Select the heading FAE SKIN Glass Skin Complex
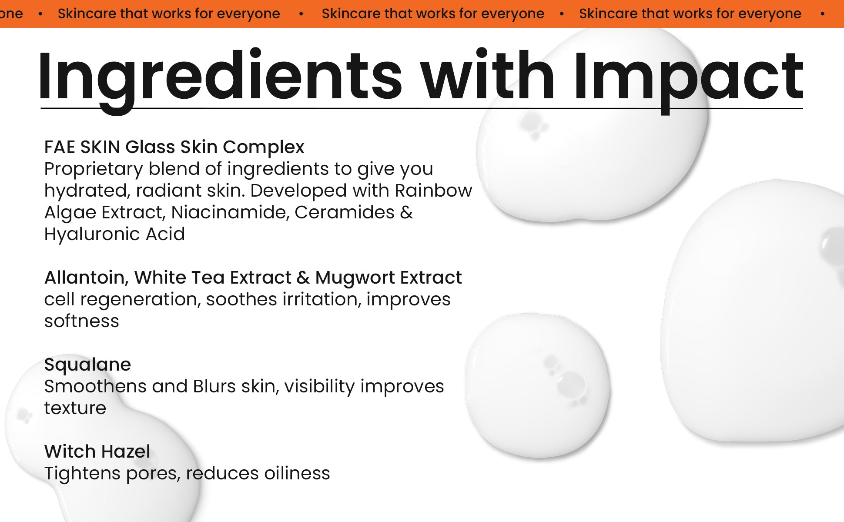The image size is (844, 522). pyautogui.click(x=174, y=147)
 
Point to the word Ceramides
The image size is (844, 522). pyautogui.click(x=345, y=212)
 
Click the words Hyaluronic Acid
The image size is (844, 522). pyautogui.click(x=114, y=234)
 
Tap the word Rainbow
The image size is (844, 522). pyautogui.click(x=433, y=191)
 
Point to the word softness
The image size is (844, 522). pyautogui.click(x=81, y=321)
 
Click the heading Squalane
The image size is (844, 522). pyautogui.click(x=87, y=365)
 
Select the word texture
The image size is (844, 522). pyautogui.click(x=75, y=408)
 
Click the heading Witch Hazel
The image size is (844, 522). pyautogui.click(x=97, y=452)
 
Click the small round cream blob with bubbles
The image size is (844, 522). pyautogui.click(x=537, y=385)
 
